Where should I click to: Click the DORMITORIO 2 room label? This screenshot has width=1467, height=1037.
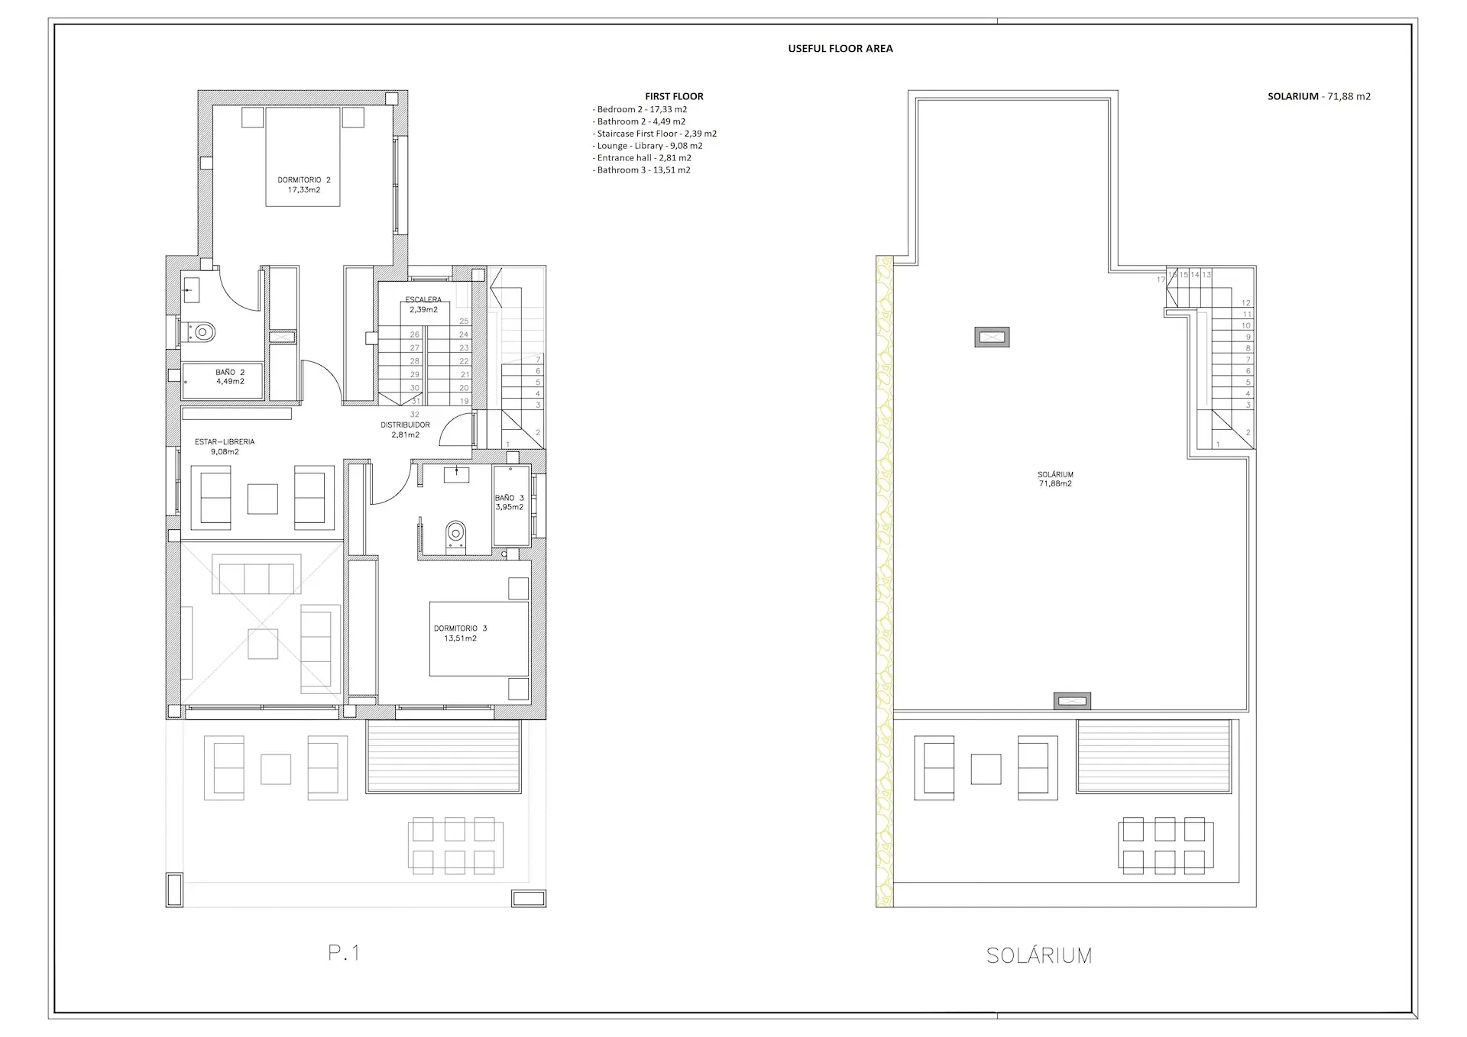(303, 185)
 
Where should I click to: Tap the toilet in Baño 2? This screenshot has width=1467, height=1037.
(202, 332)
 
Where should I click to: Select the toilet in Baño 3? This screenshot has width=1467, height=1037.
(455, 533)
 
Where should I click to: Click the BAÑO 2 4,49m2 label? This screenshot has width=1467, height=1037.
(230, 376)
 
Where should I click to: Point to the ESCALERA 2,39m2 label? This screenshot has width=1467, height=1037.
(423, 305)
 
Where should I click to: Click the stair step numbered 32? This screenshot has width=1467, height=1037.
(415, 415)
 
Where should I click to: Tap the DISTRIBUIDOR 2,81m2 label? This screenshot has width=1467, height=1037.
(405, 430)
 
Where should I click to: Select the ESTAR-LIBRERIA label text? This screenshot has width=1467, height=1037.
(225, 441)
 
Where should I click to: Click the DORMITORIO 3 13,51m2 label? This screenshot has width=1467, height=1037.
(460, 633)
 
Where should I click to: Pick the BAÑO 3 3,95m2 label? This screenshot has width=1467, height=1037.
(509, 502)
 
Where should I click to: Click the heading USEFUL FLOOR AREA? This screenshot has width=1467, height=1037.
(840, 49)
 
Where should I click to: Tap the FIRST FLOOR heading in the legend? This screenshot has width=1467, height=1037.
(674, 96)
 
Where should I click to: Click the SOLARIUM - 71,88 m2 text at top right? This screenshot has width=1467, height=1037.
(1319, 96)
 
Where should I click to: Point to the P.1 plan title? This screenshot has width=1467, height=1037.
(344, 952)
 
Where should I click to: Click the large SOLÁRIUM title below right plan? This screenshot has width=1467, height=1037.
(1038, 955)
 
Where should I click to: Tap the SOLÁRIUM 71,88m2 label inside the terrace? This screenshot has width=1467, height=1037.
(1055, 479)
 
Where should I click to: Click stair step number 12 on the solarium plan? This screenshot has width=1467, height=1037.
(1246, 303)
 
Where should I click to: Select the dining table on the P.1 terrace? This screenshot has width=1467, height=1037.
(456, 845)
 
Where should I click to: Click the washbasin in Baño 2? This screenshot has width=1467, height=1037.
(191, 289)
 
